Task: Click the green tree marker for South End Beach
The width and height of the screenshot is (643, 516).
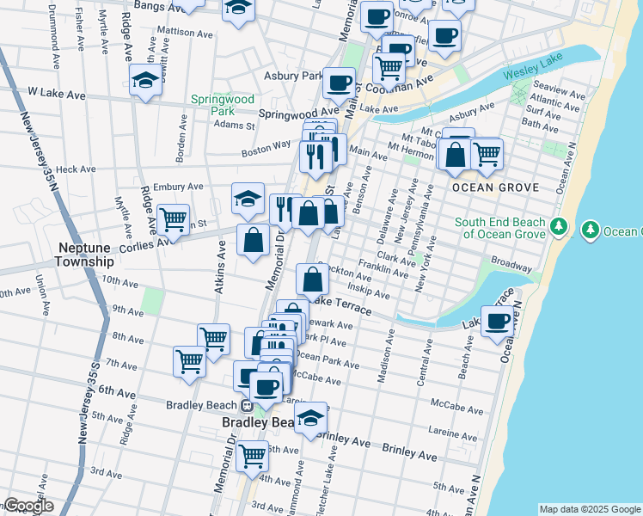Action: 559,227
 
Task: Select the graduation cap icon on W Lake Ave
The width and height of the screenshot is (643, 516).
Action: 145,81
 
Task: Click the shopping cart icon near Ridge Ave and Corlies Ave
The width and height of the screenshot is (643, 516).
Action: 174,219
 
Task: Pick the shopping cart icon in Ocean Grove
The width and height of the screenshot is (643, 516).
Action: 487,154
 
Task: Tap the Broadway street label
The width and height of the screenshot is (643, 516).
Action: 511,259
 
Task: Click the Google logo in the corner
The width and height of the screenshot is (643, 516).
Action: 28,506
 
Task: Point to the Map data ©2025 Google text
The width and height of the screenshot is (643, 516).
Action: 589,508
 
